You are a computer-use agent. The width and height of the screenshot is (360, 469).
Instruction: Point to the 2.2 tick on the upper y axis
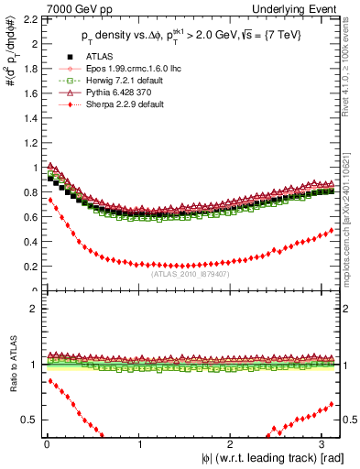28,18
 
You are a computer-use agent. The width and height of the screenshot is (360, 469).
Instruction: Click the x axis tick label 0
46,444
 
